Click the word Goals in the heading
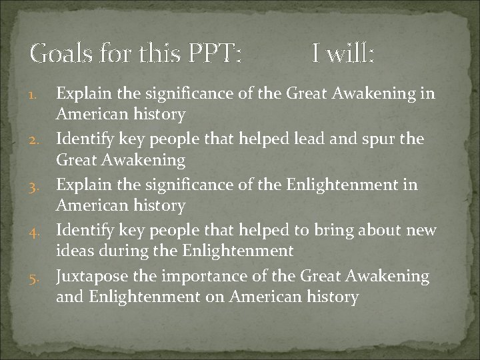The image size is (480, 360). [x=61, y=53]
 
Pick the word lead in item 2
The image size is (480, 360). [x=321, y=139]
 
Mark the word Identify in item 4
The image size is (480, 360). [x=84, y=231]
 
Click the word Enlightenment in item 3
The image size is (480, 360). [x=342, y=185]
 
